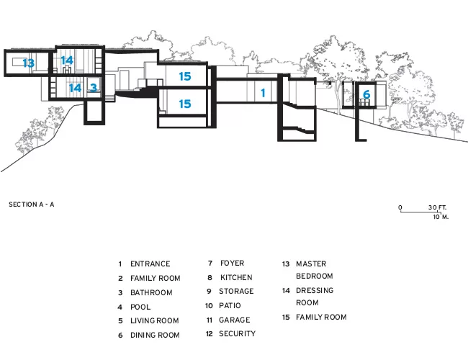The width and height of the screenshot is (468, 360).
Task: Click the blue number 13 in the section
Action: tap(29, 63)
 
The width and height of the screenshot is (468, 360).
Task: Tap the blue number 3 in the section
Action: tap(94, 88)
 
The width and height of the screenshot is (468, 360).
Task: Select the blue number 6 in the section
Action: tap(366, 94)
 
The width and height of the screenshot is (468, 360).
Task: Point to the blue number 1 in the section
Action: tap(263, 93)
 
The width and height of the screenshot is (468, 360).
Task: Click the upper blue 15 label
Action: tap(185, 76)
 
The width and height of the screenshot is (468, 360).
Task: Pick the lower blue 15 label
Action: tap(185, 104)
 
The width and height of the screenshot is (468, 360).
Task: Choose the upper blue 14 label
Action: tap(67, 60)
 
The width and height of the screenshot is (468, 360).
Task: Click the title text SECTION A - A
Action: tap(32, 204)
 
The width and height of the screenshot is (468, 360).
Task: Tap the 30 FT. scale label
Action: tap(438, 207)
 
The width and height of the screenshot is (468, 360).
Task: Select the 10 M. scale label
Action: tap(441, 217)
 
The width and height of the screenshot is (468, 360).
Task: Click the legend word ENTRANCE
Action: tap(150, 264)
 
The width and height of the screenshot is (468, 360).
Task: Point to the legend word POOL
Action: tap(140, 307)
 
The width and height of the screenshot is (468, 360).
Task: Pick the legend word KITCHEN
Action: tap(236, 278)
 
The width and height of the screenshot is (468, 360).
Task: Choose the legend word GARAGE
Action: tap(234, 320)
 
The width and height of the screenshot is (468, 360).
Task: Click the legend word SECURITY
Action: tap(237, 334)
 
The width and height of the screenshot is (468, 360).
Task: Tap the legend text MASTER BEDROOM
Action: tap(315, 270)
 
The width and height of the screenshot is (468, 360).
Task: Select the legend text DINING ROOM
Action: tap(155, 336)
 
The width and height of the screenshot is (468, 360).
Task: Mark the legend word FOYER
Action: tap(232, 264)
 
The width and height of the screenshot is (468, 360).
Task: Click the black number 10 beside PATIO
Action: tap(209, 306)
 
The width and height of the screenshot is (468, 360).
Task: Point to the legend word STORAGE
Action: tap(236, 292)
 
